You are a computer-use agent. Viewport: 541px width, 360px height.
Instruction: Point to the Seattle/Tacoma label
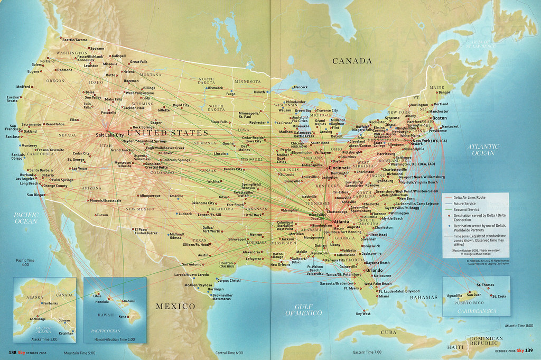(x=75, y=40)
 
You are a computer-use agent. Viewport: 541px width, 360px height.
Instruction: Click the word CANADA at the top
(x=352, y=61)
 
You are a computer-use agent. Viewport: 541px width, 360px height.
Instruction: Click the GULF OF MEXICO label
(x=304, y=310)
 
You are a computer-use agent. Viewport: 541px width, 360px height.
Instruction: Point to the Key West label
(x=363, y=314)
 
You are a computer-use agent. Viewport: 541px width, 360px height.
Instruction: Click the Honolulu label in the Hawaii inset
(x=101, y=302)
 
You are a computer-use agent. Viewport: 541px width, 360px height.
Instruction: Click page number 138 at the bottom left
(x=13, y=353)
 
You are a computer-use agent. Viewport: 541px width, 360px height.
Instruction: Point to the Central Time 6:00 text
(x=229, y=352)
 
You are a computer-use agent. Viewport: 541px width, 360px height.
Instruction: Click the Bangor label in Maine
(x=444, y=93)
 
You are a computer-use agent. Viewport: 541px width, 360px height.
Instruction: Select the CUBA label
(x=388, y=332)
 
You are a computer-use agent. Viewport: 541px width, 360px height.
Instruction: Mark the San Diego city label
(x=34, y=195)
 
